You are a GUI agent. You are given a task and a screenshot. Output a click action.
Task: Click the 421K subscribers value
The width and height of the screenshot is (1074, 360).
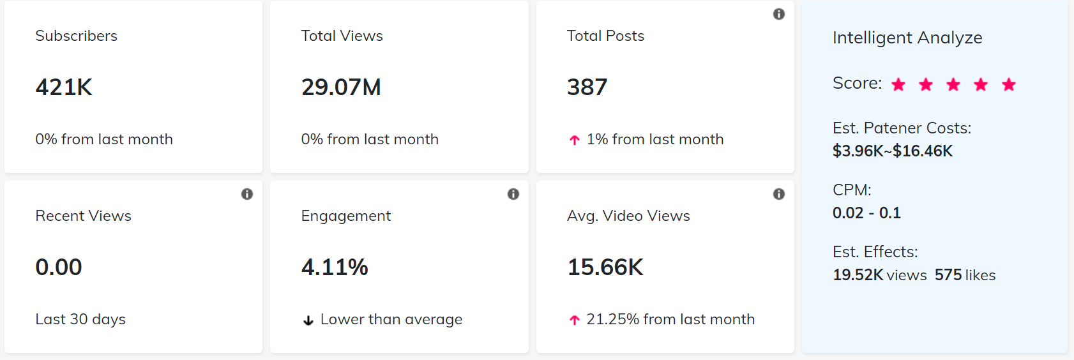click(x=64, y=87)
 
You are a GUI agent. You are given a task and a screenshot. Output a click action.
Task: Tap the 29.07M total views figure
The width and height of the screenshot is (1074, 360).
click(x=341, y=87)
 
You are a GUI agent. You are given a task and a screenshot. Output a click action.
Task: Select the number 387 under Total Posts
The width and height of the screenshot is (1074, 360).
click(x=587, y=87)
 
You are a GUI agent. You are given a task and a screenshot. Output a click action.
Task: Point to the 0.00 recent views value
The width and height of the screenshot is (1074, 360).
click(x=59, y=267)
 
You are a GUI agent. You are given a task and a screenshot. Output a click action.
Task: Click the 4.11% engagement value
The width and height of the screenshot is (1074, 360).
click(x=335, y=267)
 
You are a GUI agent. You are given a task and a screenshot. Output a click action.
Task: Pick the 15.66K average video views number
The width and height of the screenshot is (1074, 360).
click(x=605, y=267)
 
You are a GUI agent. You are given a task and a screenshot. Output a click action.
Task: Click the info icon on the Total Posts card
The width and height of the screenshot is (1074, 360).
click(x=779, y=14)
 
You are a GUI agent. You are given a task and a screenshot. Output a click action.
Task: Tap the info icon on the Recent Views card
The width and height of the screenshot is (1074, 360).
click(x=247, y=194)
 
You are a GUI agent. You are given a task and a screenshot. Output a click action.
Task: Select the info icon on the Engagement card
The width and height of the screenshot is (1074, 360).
click(x=513, y=194)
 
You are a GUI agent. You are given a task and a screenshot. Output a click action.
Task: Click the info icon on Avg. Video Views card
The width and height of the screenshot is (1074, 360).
click(x=779, y=194)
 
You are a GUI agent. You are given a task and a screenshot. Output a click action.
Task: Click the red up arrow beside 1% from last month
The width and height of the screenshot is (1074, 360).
click(x=575, y=140)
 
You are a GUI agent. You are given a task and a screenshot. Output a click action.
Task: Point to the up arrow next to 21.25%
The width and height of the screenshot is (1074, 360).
click(x=575, y=320)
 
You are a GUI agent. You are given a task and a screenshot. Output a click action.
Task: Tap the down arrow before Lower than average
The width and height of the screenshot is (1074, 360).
click(x=308, y=320)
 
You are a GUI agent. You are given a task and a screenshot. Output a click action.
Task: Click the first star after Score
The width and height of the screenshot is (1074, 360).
click(x=898, y=84)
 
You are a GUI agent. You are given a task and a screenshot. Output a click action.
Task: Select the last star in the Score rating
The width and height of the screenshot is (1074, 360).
click(x=1009, y=84)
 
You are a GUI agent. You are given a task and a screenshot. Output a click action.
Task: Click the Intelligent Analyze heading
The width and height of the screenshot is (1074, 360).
click(x=907, y=38)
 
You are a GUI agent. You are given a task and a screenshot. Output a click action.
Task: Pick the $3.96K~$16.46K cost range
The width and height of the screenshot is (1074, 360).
click(x=892, y=151)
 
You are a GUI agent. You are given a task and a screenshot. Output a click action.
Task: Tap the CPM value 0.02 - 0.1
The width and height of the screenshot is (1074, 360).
click(x=866, y=213)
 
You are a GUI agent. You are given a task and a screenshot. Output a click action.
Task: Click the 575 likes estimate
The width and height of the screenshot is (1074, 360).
click(x=965, y=275)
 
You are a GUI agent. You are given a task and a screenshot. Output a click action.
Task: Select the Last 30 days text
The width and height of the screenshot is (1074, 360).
click(x=80, y=319)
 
